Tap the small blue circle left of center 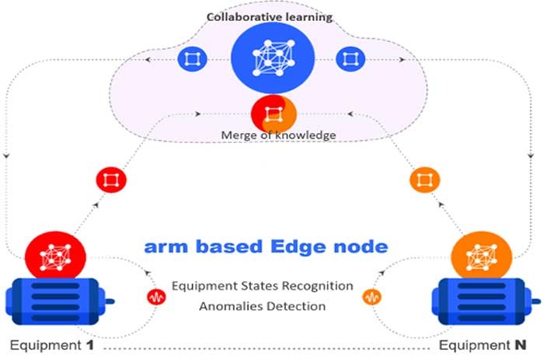click(x=192, y=59)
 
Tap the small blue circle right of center click(x=351, y=59)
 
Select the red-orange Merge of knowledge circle click(x=273, y=114)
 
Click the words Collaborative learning click(x=272, y=16)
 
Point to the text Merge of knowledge click(x=272, y=135)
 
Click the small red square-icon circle click(x=111, y=180)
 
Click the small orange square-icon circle click(x=424, y=180)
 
